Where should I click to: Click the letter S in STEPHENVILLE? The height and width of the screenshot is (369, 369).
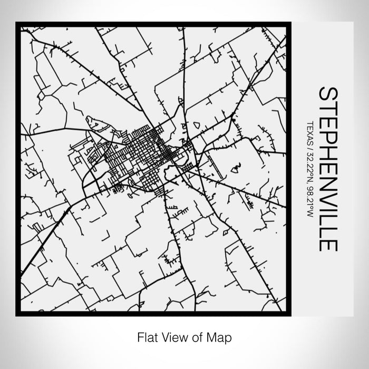tap(328, 94)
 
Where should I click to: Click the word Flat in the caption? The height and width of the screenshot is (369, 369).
tap(147, 336)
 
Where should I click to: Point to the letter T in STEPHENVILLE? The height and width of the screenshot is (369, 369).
tap(328, 108)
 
